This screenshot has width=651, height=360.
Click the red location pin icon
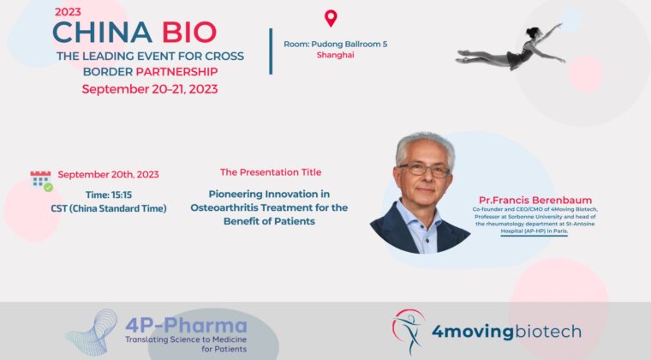click(331, 18)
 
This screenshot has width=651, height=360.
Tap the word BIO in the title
click(189, 33)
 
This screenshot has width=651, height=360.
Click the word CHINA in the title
click(102, 33)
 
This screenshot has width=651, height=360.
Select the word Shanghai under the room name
click(336, 55)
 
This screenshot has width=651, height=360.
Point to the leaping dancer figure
click(511, 49)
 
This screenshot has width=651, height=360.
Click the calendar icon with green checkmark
click(41, 181)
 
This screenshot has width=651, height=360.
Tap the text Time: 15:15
click(109, 195)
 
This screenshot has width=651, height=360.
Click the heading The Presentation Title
click(271, 172)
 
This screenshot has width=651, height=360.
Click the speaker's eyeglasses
click(425, 169)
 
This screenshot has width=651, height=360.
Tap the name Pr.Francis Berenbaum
click(535, 200)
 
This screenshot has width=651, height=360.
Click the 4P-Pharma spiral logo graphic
click(93, 333)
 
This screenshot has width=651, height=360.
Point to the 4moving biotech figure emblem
click(408, 332)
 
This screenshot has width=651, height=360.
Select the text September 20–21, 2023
click(150, 89)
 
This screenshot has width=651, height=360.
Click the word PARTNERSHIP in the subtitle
click(176, 71)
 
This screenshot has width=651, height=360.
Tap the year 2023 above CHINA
click(68, 12)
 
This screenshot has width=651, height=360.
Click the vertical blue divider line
click(271, 51)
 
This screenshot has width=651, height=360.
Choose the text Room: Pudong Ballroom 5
click(336, 44)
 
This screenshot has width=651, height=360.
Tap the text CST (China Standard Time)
click(109, 208)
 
